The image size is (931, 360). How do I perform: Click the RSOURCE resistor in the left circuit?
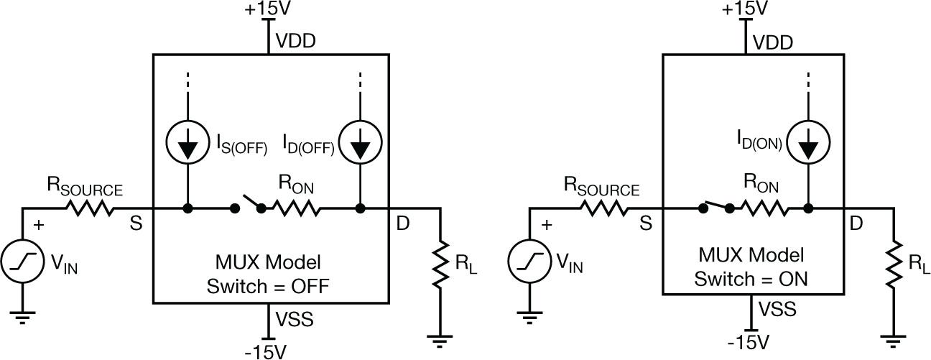point(91,208)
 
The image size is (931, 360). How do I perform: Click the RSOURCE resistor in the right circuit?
point(606,208)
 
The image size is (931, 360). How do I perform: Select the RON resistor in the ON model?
point(764,208)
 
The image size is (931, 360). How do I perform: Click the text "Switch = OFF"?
point(268,286)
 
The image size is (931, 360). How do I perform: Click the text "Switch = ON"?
point(751,278)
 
